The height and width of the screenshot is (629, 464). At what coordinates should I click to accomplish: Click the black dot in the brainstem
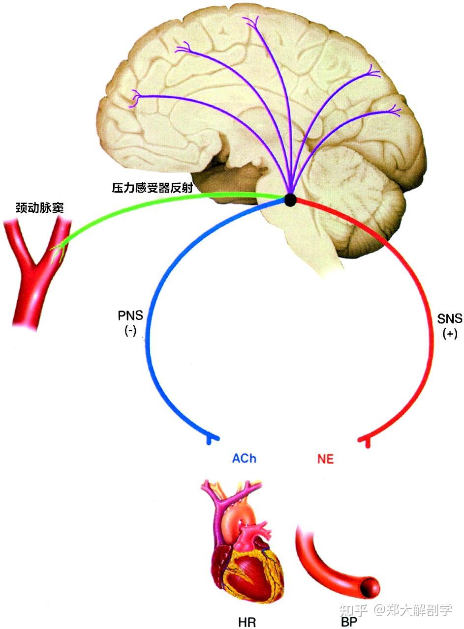click(290, 200)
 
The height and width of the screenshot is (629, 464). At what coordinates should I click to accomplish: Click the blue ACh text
click(244, 459)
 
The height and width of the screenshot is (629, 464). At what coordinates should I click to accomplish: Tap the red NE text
click(325, 459)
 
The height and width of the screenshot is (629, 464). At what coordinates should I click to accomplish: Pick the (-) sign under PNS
click(130, 331)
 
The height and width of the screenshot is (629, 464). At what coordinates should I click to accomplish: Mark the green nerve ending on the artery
click(58, 248)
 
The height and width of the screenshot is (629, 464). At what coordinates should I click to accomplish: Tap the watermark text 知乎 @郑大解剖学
click(397, 610)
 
